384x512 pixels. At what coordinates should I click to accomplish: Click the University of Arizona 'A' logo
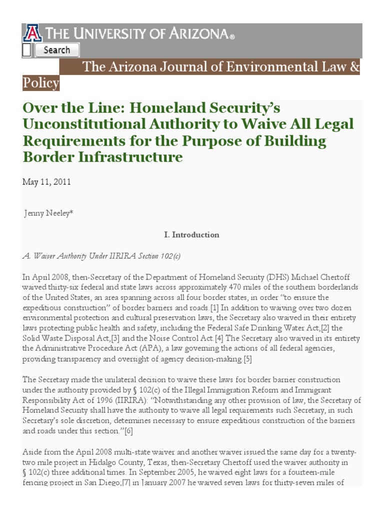point(32,34)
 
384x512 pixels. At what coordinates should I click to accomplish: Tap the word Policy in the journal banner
point(40,82)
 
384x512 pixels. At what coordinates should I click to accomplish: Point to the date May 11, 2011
point(46,182)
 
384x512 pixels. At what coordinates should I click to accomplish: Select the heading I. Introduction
point(191,234)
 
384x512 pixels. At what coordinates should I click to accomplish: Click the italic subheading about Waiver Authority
point(101,255)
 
